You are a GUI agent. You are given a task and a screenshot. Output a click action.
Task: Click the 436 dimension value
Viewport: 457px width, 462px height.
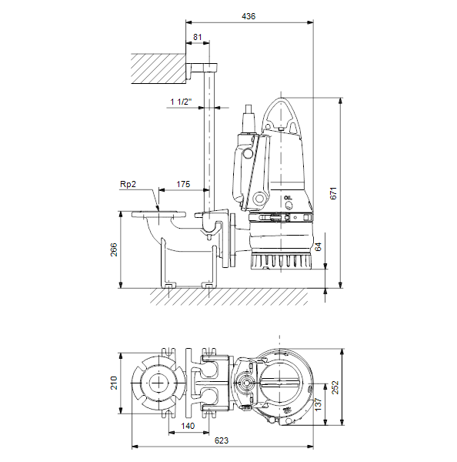pyautogui.click(x=249, y=16)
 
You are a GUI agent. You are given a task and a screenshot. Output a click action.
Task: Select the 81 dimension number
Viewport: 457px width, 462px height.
pyautogui.click(x=198, y=37)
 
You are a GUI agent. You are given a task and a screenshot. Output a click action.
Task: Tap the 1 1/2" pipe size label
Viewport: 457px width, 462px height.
pyautogui.click(x=181, y=102)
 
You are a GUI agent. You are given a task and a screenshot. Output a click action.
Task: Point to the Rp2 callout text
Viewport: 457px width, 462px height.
pyautogui.click(x=128, y=184)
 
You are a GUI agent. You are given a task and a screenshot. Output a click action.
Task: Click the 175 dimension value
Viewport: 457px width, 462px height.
pyautogui.click(x=183, y=184)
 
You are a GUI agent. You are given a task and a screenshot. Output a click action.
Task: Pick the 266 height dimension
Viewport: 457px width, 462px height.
pyautogui.click(x=114, y=249)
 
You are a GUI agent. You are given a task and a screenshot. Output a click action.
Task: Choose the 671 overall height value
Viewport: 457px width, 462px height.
pyautogui.click(x=333, y=193)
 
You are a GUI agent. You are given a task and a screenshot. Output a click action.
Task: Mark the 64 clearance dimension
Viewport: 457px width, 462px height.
pyautogui.click(x=318, y=247)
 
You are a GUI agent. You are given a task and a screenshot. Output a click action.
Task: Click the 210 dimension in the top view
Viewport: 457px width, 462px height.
pyautogui.click(x=114, y=383)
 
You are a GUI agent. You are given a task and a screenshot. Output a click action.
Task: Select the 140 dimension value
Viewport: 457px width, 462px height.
pyautogui.click(x=188, y=426)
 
